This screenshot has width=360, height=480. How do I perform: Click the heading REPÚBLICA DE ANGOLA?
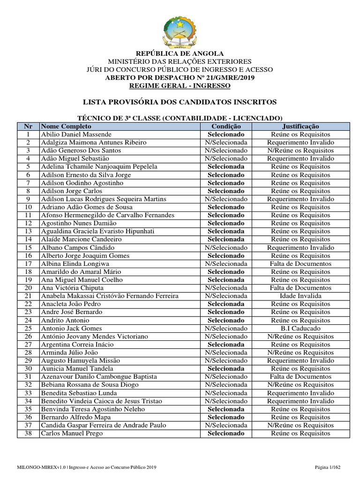tap(180, 53)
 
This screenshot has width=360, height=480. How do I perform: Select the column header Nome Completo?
tap(66, 127)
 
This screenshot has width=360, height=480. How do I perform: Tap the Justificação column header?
tap(300, 127)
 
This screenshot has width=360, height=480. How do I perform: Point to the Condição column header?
tap(226, 127)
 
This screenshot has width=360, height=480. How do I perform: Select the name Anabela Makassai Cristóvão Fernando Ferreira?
tap(110, 296)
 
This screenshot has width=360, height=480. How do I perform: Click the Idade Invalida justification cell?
tap(300, 296)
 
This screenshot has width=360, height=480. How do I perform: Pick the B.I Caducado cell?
tap(300, 328)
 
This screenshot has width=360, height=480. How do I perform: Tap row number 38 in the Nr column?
tap(28, 433)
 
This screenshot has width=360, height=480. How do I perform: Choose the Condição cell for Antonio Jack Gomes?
tap(226, 328)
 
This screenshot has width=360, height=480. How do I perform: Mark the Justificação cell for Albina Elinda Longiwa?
tap(300, 263)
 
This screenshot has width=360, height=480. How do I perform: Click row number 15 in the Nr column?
tap(28, 247)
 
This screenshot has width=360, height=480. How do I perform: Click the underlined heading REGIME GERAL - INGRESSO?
tap(180, 86)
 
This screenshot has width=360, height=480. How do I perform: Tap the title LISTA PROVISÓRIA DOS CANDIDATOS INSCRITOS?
tap(180, 102)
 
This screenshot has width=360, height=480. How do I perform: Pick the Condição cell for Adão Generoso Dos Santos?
tap(226, 150)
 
